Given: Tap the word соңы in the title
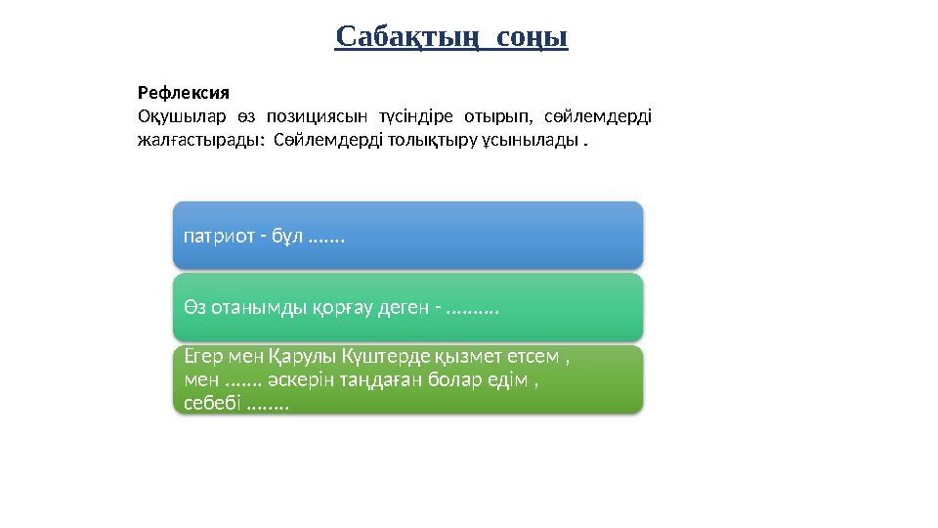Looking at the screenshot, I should tap(532, 37).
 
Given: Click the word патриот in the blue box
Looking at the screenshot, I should tap(217, 236).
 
